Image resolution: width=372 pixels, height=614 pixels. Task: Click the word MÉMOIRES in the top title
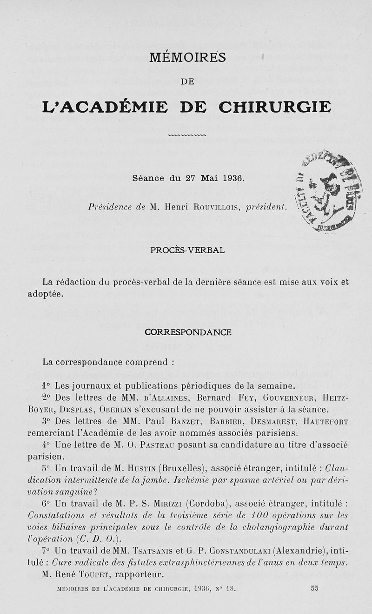[187, 58]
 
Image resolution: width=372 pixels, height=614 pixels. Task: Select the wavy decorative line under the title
[187, 135]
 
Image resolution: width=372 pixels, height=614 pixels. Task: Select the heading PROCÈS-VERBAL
[187, 250]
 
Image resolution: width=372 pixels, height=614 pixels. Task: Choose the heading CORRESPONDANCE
[188, 333]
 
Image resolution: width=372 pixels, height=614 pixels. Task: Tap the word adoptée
[45, 295]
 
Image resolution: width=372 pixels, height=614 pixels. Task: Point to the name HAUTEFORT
[325, 422]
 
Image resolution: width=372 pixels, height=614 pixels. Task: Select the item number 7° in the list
[46, 550]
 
